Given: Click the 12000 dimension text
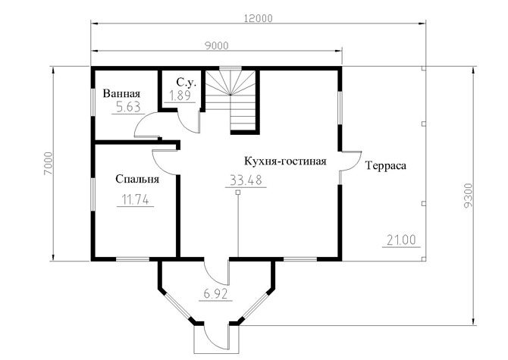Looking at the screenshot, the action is click(x=258, y=18).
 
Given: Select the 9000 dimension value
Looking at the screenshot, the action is click(x=216, y=46).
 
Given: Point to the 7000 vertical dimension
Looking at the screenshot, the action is click(x=48, y=164).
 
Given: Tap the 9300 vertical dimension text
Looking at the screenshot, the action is click(x=469, y=196).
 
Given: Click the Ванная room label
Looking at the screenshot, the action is click(x=121, y=93).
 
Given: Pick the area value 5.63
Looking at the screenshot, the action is click(x=128, y=107).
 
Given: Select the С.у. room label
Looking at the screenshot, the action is click(x=187, y=82).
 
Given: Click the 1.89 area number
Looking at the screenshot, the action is click(x=180, y=95).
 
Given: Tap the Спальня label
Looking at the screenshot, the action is click(x=137, y=179).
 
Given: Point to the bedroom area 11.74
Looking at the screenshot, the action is click(x=135, y=199).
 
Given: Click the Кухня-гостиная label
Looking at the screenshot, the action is click(x=285, y=161).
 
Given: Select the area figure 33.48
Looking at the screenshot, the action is click(x=246, y=180).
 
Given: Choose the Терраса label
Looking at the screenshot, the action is click(x=386, y=166).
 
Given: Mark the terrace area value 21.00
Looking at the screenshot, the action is click(x=401, y=240).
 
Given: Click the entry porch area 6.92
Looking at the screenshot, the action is click(x=216, y=294).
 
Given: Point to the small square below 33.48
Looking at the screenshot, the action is click(x=238, y=193).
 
